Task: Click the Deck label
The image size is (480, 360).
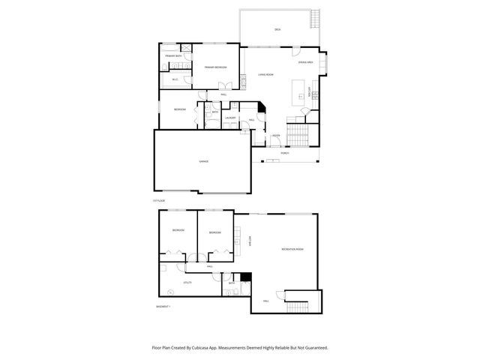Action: (277, 29)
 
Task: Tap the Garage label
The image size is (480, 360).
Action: (203, 161)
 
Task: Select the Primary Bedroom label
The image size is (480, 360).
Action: (216, 67)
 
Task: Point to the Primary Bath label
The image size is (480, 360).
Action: (175, 56)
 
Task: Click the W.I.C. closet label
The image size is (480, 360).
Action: (175, 79)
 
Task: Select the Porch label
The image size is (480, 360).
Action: (285, 152)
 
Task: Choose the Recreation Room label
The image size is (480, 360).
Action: (292, 248)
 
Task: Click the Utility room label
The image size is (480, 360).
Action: (187, 283)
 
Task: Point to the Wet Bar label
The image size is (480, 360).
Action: (250, 241)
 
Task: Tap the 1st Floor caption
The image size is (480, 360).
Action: (158, 201)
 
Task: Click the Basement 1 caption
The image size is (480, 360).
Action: (163, 307)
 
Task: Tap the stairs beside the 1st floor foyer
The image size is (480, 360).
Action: (298, 135)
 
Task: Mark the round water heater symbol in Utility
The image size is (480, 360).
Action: (170, 291)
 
